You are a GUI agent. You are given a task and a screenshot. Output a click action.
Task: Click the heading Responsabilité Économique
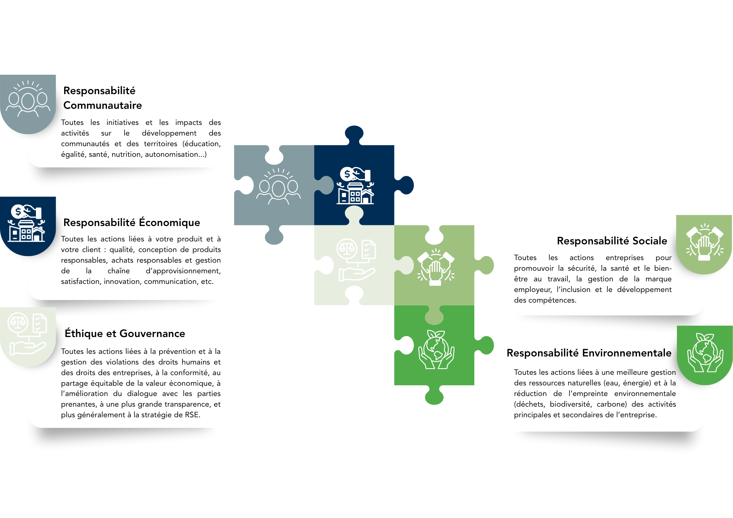(132, 222)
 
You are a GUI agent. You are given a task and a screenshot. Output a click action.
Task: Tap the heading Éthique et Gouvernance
(125, 333)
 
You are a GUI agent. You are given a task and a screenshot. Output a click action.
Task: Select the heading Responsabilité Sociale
(612, 241)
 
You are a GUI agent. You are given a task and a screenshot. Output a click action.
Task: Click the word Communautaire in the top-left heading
(103, 105)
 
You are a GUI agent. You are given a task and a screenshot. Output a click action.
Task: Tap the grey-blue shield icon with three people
(28, 104)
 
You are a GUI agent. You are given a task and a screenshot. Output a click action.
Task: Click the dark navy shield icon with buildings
(28, 226)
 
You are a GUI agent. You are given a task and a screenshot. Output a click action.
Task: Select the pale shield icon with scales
(28, 337)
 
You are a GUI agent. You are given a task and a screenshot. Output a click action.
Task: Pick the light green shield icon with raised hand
(704, 244)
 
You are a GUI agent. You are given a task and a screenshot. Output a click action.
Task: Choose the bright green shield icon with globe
(705, 355)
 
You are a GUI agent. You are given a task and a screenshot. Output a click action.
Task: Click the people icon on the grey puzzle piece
(278, 186)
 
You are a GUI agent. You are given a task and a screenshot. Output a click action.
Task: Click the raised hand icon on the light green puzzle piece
(436, 267)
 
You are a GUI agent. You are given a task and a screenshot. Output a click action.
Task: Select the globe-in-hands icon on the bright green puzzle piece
(436, 349)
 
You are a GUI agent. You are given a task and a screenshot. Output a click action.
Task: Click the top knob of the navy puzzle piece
(354, 135)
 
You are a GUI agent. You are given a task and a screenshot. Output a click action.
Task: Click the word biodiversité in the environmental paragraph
(571, 404)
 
